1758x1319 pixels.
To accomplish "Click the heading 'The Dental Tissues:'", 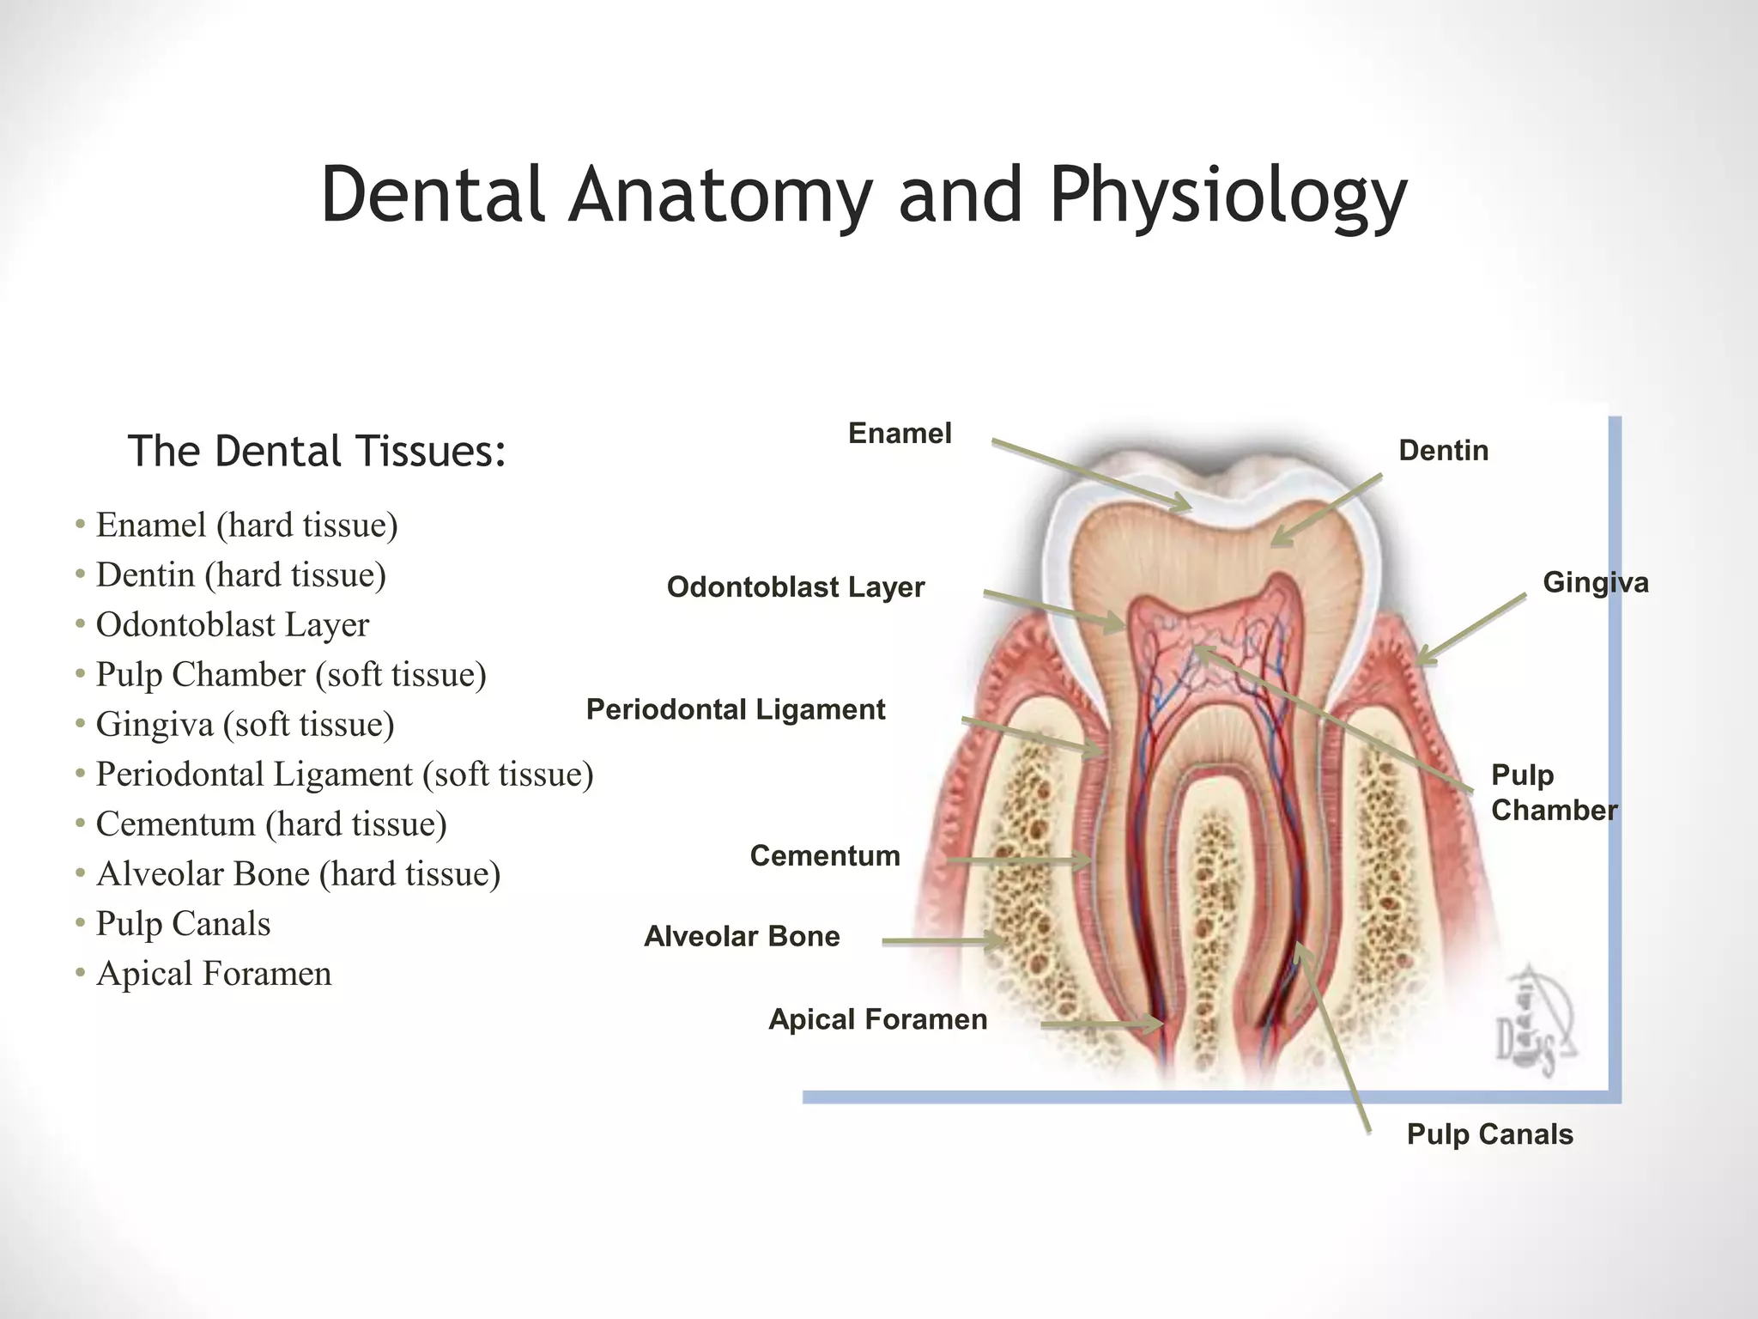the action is [x=317, y=451].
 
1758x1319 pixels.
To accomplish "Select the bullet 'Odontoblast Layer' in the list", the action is [x=232, y=625].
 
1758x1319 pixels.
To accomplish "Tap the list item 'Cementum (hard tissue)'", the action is [x=271, y=824].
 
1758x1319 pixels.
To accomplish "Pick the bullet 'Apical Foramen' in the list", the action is [x=214, y=974].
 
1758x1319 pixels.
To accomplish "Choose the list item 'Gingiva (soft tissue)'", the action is [x=245, y=725].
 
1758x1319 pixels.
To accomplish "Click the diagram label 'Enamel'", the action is [x=900, y=434].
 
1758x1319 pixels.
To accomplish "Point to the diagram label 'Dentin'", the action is [x=1443, y=451].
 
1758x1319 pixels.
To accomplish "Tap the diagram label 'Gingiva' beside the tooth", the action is [x=1595, y=583].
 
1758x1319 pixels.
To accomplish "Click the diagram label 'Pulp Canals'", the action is [x=1489, y=1134].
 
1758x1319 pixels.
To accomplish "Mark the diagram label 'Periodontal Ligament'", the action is [x=736, y=710].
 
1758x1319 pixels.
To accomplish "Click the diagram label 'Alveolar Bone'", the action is [x=742, y=937].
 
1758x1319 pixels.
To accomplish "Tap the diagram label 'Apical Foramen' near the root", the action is [x=877, y=1020].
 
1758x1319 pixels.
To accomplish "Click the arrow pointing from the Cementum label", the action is [x=1017, y=860].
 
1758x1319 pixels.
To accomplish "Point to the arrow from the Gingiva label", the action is [x=1472, y=629].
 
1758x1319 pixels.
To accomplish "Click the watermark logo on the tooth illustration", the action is [x=1537, y=1022].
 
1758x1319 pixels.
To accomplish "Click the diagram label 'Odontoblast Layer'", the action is [x=796, y=587].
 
